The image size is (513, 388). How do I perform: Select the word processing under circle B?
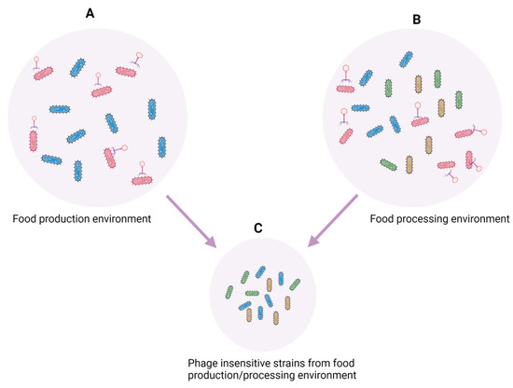point(437,220)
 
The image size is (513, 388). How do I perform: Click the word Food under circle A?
point(26,220)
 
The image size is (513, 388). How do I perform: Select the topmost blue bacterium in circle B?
point(407,59)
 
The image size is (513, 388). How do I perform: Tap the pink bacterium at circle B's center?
point(393,121)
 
